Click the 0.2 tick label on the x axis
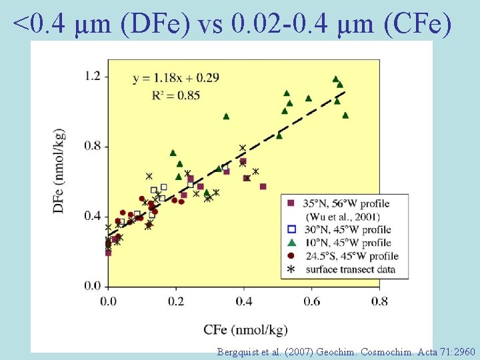pos(176,301)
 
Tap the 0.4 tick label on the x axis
pos(243,301)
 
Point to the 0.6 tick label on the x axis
pos(311,301)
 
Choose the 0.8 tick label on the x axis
pos(379,301)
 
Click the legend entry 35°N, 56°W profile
pos(347,203)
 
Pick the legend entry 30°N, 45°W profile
pos(347,229)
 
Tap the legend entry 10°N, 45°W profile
pos(347,243)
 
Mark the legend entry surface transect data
pos(350,269)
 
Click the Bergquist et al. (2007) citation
pos(346,351)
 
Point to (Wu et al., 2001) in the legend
pos(343,216)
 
